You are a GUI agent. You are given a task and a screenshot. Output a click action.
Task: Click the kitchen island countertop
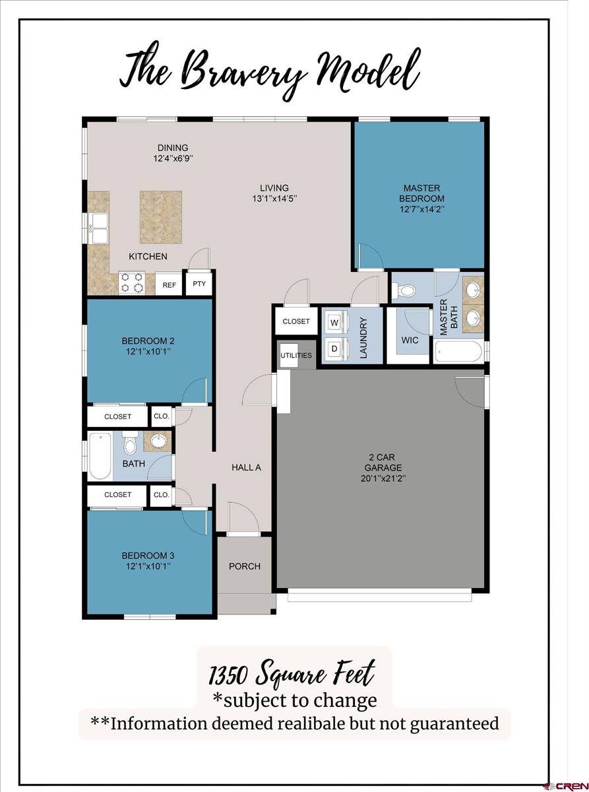point(160,217)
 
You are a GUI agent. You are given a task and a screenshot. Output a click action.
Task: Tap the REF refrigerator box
point(170,285)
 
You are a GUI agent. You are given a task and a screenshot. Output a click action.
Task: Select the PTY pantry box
point(199,284)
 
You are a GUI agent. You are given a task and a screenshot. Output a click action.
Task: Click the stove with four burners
point(131,282)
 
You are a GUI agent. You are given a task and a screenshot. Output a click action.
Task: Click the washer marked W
point(334,323)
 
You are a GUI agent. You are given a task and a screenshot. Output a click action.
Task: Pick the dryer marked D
point(334,348)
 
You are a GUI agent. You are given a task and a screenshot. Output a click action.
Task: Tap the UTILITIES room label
point(296,356)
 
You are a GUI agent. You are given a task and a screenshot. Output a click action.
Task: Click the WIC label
point(410,341)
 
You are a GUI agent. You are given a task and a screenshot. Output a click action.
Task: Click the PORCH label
point(245,566)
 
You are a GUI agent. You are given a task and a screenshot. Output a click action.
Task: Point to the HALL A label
point(247,467)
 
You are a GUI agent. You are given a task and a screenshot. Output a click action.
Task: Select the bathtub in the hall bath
point(100,455)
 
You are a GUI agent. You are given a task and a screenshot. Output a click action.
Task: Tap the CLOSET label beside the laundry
point(296,321)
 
